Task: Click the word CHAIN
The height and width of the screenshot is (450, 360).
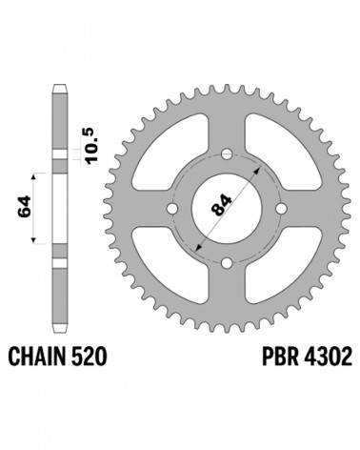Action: coord(37,357)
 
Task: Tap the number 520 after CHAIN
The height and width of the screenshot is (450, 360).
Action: coord(89,357)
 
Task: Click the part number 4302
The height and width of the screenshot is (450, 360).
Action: coord(328,357)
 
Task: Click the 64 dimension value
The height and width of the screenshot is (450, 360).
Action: coord(25,207)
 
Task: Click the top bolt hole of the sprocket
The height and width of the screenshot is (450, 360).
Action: coord(227,154)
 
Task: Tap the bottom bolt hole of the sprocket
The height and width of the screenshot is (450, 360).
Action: coord(227,263)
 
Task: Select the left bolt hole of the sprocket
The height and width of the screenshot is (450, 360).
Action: coord(172,209)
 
